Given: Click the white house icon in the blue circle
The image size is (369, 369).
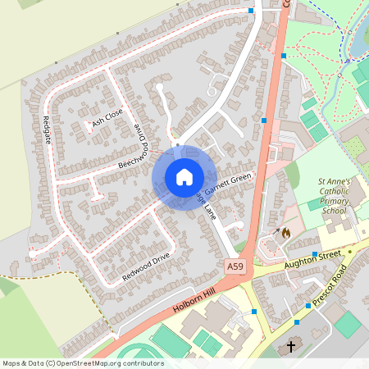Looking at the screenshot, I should tap(184, 177).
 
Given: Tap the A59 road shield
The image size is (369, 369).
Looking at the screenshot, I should tap(236, 266).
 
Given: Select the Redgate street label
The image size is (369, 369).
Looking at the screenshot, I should tap(46, 130).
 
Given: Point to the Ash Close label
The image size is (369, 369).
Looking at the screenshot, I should tap(107, 121).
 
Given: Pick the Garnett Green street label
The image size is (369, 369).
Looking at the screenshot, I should tap(228, 184).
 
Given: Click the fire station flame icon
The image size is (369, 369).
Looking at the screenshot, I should tap(285, 233).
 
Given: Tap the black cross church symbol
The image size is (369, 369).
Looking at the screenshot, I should tap(291, 347).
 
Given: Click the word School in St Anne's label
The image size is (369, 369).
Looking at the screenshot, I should tap(335, 211).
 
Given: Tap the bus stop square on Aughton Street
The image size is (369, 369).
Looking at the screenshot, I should tap(315, 254).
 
